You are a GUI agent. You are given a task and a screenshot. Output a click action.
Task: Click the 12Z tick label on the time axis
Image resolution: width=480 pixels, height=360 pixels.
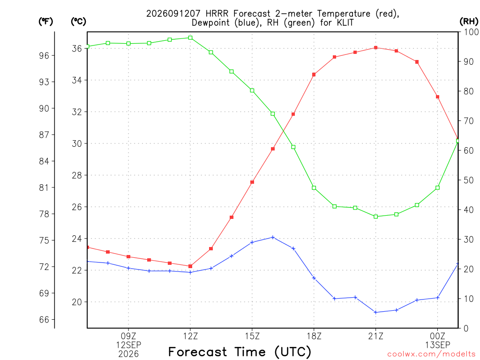tap(190, 336)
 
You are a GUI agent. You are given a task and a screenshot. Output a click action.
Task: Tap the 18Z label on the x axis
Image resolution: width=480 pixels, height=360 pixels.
tap(314, 336)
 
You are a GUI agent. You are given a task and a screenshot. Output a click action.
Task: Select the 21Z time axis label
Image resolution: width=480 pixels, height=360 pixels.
tap(375, 336)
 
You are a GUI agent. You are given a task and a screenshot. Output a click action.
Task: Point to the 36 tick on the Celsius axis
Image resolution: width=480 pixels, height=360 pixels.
tap(77, 48)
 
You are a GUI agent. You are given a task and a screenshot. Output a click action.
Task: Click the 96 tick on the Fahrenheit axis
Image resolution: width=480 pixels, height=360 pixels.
tap(44, 55)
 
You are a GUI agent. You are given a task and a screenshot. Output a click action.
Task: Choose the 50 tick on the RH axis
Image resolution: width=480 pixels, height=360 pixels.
tap(469, 180)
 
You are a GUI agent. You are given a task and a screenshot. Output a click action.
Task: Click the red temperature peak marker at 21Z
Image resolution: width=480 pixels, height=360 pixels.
tap(375, 48)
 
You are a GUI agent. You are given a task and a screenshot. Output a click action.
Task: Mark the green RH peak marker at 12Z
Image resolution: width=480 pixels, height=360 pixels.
tap(190, 37)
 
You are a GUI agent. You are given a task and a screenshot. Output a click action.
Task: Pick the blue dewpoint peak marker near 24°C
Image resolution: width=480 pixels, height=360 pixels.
tap(273, 237)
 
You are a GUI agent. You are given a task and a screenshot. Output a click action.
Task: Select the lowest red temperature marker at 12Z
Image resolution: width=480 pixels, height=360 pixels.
tap(190, 266)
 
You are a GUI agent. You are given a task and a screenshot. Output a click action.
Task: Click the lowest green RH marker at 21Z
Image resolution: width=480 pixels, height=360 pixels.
tap(375, 217)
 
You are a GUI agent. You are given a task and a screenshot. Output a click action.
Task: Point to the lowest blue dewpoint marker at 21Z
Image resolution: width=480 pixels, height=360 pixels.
tap(375, 312)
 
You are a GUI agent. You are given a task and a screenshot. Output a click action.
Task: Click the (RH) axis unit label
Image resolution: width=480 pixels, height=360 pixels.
tap(469, 21)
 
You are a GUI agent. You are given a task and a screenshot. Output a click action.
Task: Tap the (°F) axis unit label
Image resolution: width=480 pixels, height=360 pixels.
tap(45, 21)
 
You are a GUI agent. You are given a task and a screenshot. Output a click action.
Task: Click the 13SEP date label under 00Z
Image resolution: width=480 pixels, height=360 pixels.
tap(437, 345)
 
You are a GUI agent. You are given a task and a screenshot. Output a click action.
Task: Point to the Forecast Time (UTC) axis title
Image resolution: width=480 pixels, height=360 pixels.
tap(240, 352)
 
